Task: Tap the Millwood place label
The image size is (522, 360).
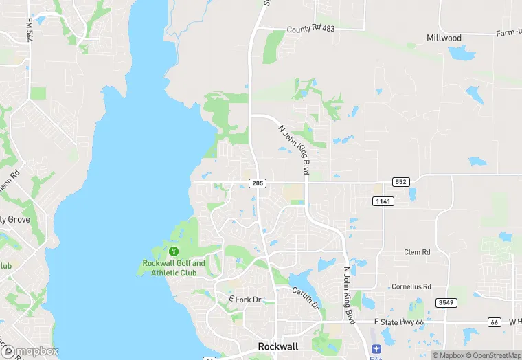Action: tap(444, 38)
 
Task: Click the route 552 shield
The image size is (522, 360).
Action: tap(401, 182)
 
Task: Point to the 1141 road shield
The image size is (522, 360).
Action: tap(383, 201)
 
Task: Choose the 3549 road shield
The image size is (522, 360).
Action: tap(445, 302)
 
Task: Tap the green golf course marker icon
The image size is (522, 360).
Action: tap(174, 251)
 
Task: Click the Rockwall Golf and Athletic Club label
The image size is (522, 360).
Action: tap(174, 268)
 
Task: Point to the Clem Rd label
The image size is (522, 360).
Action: tap(417, 252)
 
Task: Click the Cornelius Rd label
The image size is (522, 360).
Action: tap(411, 286)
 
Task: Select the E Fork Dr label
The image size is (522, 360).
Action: tap(245, 300)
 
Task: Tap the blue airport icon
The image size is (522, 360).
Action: tap(374, 350)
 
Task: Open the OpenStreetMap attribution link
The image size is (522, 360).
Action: tap(491, 355)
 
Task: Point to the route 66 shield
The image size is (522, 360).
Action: tap(494, 322)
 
